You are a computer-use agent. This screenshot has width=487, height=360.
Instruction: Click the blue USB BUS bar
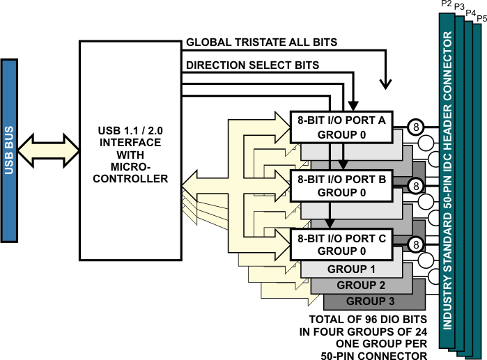pyautogui.click(x=10, y=150)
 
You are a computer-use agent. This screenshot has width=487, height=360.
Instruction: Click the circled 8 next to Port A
pyautogui.click(x=415, y=127)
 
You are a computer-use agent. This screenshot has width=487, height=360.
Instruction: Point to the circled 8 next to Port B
pyautogui.click(x=415, y=185)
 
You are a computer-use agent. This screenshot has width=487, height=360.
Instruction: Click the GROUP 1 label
pyautogui.click(x=351, y=269)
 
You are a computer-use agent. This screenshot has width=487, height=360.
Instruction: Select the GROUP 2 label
pyautogui.click(x=361, y=285)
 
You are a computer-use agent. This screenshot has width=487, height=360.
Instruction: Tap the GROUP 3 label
pyautogui.click(x=371, y=301)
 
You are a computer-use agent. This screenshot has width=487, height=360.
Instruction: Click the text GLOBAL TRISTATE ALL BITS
pyautogui.click(x=261, y=42)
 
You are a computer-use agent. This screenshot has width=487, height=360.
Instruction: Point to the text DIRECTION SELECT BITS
pyautogui.click(x=252, y=65)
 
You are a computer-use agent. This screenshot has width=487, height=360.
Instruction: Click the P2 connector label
pyautogui.click(x=447, y=4)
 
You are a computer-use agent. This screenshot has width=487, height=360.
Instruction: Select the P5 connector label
pyautogui.click(x=481, y=17)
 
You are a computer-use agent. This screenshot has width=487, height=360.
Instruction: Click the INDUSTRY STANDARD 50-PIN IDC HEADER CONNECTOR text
pyautogui.click(x=447, y=181)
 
